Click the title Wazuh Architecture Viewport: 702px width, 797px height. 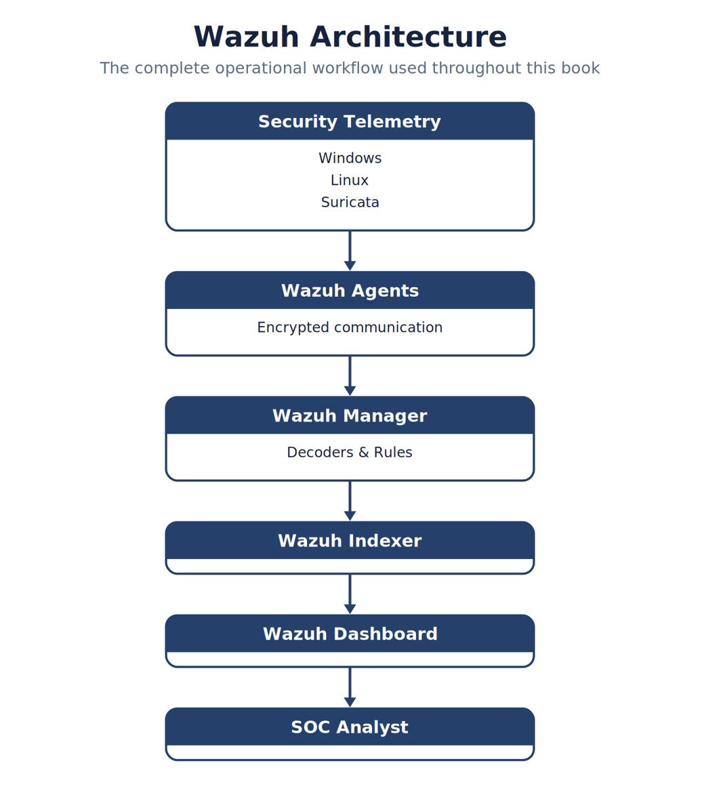350,37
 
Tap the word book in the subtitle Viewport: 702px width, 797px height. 580,68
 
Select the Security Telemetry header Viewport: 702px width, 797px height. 350,121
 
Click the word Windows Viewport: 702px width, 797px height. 350,158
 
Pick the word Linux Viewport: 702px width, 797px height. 350,180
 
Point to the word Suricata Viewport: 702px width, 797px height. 350,202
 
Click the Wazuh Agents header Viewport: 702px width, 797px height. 350,290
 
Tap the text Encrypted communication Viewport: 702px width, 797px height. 350,327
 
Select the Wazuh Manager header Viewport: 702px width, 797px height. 350,415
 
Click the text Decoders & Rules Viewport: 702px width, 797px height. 350,452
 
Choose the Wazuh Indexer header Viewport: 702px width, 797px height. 350,540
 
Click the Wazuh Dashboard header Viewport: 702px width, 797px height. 350,633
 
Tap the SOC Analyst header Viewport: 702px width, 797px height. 350,727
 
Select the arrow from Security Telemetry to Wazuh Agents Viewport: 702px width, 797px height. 350,251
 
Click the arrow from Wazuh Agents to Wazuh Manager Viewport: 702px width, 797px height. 350,375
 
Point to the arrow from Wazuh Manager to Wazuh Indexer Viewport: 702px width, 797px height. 350,501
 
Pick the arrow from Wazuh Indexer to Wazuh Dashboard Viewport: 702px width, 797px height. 350,594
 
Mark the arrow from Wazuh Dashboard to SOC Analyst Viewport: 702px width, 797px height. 350,687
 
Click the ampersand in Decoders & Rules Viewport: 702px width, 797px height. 363,452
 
